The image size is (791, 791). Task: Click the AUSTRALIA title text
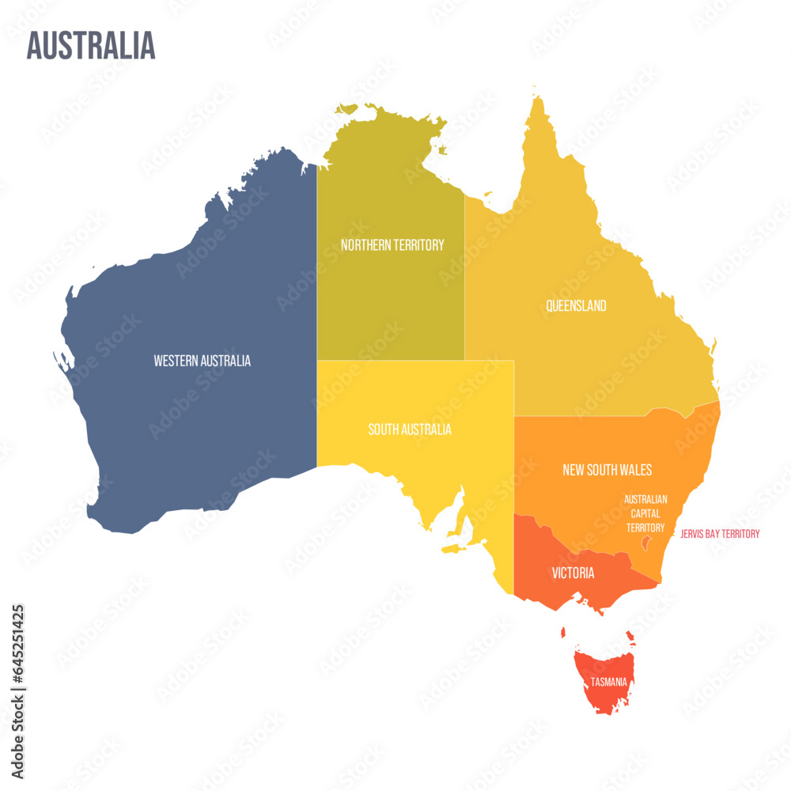91,46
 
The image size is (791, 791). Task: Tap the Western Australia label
202,361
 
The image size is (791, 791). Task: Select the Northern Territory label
392,245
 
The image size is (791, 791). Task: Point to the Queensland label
576,305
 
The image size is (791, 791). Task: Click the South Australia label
410,430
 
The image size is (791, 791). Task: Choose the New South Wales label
607,470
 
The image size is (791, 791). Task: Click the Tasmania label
609,682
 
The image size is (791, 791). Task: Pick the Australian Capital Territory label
645,513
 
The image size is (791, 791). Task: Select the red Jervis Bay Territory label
720,534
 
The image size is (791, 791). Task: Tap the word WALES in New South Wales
636,470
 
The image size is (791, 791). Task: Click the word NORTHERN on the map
367,245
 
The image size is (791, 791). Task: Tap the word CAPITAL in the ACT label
645,513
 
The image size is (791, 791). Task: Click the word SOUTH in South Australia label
383,430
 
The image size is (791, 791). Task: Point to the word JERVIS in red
694,534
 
